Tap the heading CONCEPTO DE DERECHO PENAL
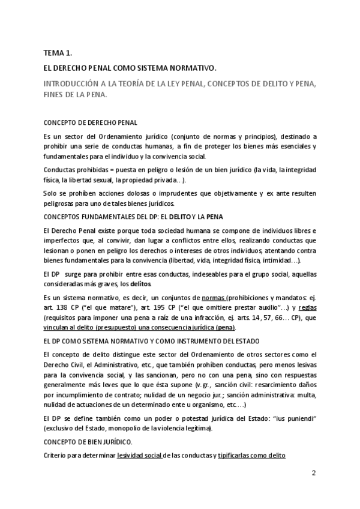[86, 122]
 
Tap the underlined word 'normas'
[213, 298]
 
